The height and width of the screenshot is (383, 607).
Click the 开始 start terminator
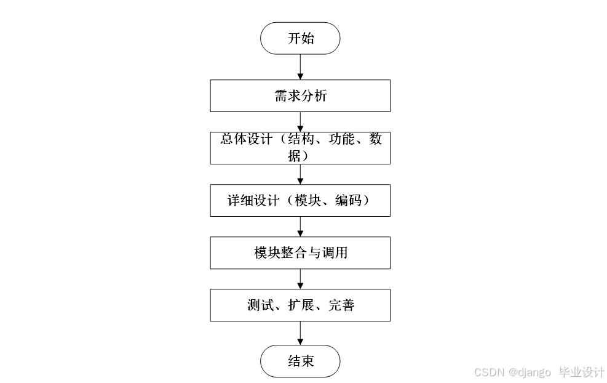[300, 38]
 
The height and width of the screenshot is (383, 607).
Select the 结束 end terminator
[300, 361]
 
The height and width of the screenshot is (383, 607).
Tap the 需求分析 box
[300, 96]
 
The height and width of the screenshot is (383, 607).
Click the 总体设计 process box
[300, 148]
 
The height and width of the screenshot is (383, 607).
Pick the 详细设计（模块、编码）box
[300, 200]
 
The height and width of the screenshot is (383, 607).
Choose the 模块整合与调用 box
[300, 252]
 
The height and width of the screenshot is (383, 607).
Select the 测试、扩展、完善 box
[300, 305]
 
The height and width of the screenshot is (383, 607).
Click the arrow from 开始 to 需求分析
[300, 67]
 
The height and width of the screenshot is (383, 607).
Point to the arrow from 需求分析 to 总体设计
[300, 121]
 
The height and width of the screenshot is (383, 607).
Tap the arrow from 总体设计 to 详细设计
[300, 174]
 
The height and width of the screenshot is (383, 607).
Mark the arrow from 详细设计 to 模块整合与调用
[300, 227]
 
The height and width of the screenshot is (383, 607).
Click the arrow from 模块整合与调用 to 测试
[300, 279]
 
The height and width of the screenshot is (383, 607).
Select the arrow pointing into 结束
[300, 333]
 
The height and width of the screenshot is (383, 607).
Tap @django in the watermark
[530, 373]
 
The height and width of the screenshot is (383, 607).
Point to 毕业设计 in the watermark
[581, 373]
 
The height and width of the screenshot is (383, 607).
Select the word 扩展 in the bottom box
[300, 305]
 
